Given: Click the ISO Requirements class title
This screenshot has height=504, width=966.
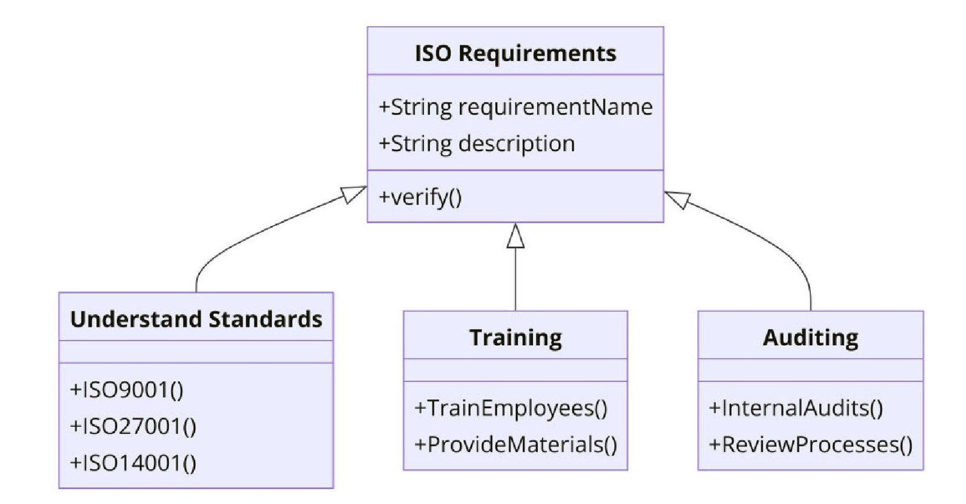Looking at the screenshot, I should coord(515,53).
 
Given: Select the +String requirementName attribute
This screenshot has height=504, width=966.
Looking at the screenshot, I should coord(515,107).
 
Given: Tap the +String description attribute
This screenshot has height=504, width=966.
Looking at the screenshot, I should coord(476,144).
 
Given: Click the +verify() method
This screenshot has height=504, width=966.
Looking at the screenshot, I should coord(420,197).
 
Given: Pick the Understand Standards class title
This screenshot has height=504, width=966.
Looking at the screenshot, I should coord(196,319).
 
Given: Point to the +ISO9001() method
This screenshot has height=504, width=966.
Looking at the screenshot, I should coord(127,390).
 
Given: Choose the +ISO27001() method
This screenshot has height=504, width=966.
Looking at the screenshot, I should coord(133,427).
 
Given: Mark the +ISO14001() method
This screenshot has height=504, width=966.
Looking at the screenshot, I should coord(133,463).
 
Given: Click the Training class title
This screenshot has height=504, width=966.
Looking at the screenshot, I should coord(515,337).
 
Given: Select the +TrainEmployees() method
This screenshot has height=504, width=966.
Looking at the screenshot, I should coord(511,409).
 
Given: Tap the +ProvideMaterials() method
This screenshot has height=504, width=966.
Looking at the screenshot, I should coord(515,445).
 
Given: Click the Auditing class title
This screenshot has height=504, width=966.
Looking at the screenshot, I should coord(810,337).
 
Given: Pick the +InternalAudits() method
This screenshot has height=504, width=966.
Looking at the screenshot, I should coord(796,409).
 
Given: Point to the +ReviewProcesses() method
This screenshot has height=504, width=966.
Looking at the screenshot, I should coord(810,445).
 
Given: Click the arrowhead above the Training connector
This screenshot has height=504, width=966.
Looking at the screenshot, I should coord(515,237).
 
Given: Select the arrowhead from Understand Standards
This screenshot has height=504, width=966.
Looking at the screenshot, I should coord(353,194).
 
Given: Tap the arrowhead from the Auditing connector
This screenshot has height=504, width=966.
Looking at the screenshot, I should coord(678,199).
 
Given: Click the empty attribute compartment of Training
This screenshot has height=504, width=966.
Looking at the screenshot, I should coord(515,370).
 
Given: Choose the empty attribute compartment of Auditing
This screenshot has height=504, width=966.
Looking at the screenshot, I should coord(810,370).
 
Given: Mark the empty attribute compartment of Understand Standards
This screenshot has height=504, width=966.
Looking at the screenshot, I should coord(196,352).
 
